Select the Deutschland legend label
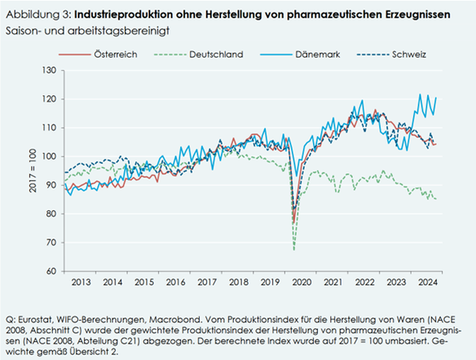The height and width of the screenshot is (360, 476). pyautogui.click(x=216, y=54)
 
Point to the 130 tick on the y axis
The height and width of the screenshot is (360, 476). pyautogui.click(x=48, y=70)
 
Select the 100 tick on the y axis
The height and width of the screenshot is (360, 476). pyautogui.click(x=48, y=157)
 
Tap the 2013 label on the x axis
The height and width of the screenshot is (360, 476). pyautogui.click(x=80, y=283)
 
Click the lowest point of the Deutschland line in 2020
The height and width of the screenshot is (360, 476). pyautogui.click(x=294, y=249)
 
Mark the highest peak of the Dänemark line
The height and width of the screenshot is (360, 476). pyautogui.click(x=419, y=94)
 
